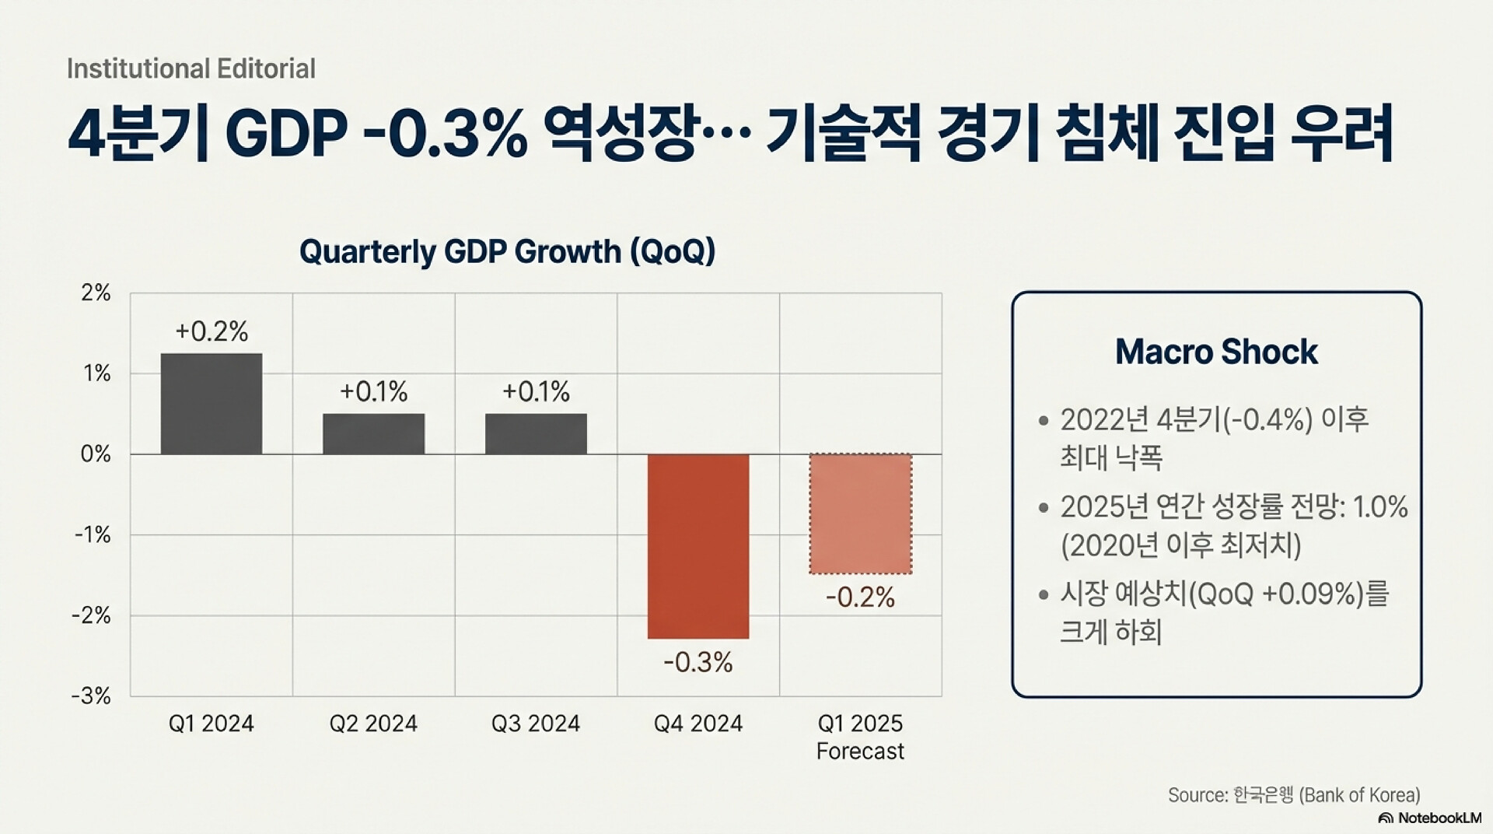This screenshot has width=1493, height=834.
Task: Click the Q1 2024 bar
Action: click(x=212, y=404)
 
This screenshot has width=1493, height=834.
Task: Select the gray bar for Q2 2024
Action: click(x=374, y=434)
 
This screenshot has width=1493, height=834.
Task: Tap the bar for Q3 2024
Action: click(x=536, y=434)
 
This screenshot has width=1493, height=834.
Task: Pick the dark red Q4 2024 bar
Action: click(x=698, y=546)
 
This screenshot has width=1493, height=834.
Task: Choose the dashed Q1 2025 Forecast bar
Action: click(x=860, y=514)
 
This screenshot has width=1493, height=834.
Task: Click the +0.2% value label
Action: click(x=212, y=331)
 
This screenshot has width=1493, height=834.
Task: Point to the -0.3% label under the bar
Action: click(x=698, y=662)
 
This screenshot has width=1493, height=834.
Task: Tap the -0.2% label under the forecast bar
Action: click(x=860, y=597)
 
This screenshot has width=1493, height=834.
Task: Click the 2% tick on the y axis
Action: click(x=96, y=293)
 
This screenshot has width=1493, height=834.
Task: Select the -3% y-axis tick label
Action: click(x=92, y=696)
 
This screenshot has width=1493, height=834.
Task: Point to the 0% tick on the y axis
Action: click(x=96, y=454)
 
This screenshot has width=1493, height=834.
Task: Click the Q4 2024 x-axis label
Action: click(x=698, y=724)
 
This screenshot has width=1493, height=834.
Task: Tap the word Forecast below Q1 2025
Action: click(x=860, y=752)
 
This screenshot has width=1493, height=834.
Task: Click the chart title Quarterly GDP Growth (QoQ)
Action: click(x=507, y=252)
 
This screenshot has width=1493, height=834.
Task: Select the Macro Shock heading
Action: click(x=1216, y=352)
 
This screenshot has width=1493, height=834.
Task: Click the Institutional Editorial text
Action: click(x=191, y=69)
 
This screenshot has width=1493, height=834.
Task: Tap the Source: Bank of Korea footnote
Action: click(x=1294, y=795)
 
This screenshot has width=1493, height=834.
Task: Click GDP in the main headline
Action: click(x=285, y=134)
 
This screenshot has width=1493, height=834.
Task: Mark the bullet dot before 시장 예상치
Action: click(x=1044, y=596)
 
